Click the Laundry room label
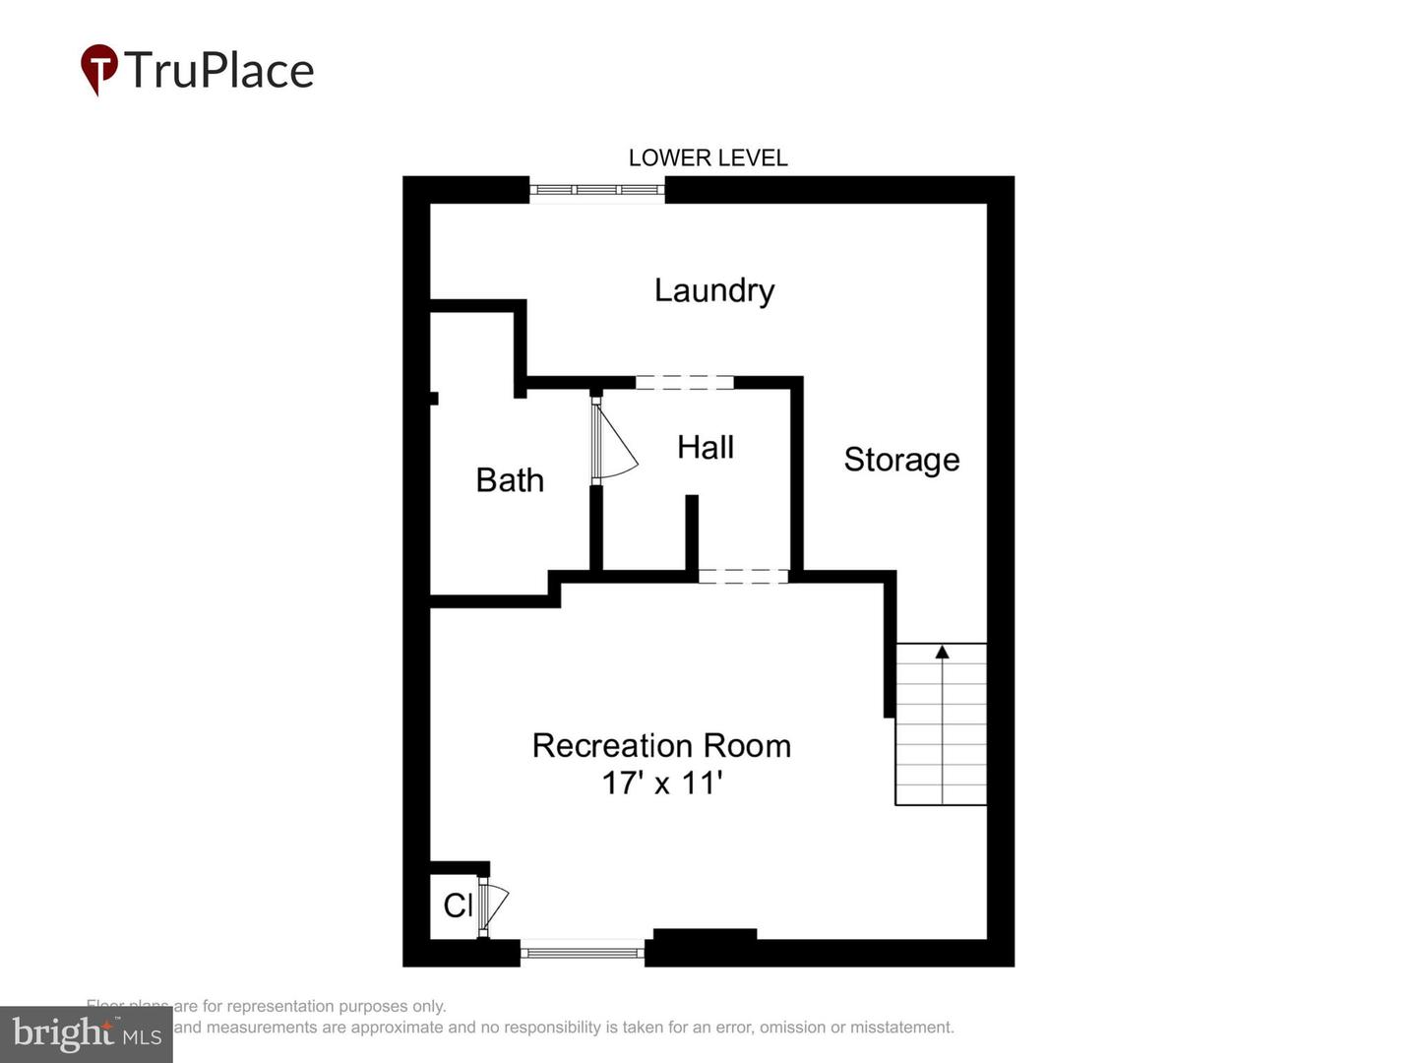click(x=714, y=290)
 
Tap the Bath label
click(x=510, y=480)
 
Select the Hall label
click(x=706, y=448)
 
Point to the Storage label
click(x=901, y=461)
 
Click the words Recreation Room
click(x=661, y=746)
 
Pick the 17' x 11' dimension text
click(x=662, y=783)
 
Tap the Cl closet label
click(x=458, y=906)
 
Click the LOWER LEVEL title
click(x=708, y=157)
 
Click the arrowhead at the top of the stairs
click(x=942, y=652)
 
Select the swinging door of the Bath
click(x=615, y=443)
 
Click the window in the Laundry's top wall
click(x=597, y=189)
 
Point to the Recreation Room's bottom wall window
click(x=582, y=952)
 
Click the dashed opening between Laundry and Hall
click(x=684, y=382)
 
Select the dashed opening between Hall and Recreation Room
click(x=743, y=577)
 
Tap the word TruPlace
click(x=218, y=71)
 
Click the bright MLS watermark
click(x=87, y=1033)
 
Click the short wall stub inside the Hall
click(x=692, y=531)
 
